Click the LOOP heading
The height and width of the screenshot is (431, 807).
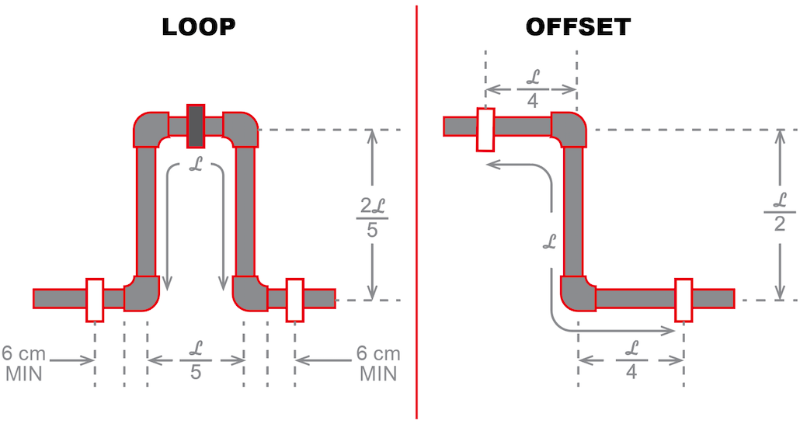pos(199,27)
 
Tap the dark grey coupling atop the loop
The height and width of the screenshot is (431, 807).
pos(196,126)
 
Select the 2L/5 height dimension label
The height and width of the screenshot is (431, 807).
pos(372,216)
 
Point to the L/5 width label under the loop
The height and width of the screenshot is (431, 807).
pos(195,361)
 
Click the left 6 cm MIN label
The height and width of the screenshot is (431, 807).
pos(26,363)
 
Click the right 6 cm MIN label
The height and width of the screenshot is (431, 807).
pos(378,363)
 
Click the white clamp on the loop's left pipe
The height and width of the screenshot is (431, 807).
pos(95,299)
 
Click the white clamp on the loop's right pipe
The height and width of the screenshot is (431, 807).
pos(295,299)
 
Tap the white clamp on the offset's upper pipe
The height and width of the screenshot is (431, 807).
pos(486,129)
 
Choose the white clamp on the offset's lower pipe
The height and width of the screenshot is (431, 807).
pos(684,299)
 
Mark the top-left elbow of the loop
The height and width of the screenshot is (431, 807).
pos(151,129)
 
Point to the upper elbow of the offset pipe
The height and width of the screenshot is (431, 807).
pos(569,129)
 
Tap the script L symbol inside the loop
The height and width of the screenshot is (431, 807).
pos(196,165)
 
